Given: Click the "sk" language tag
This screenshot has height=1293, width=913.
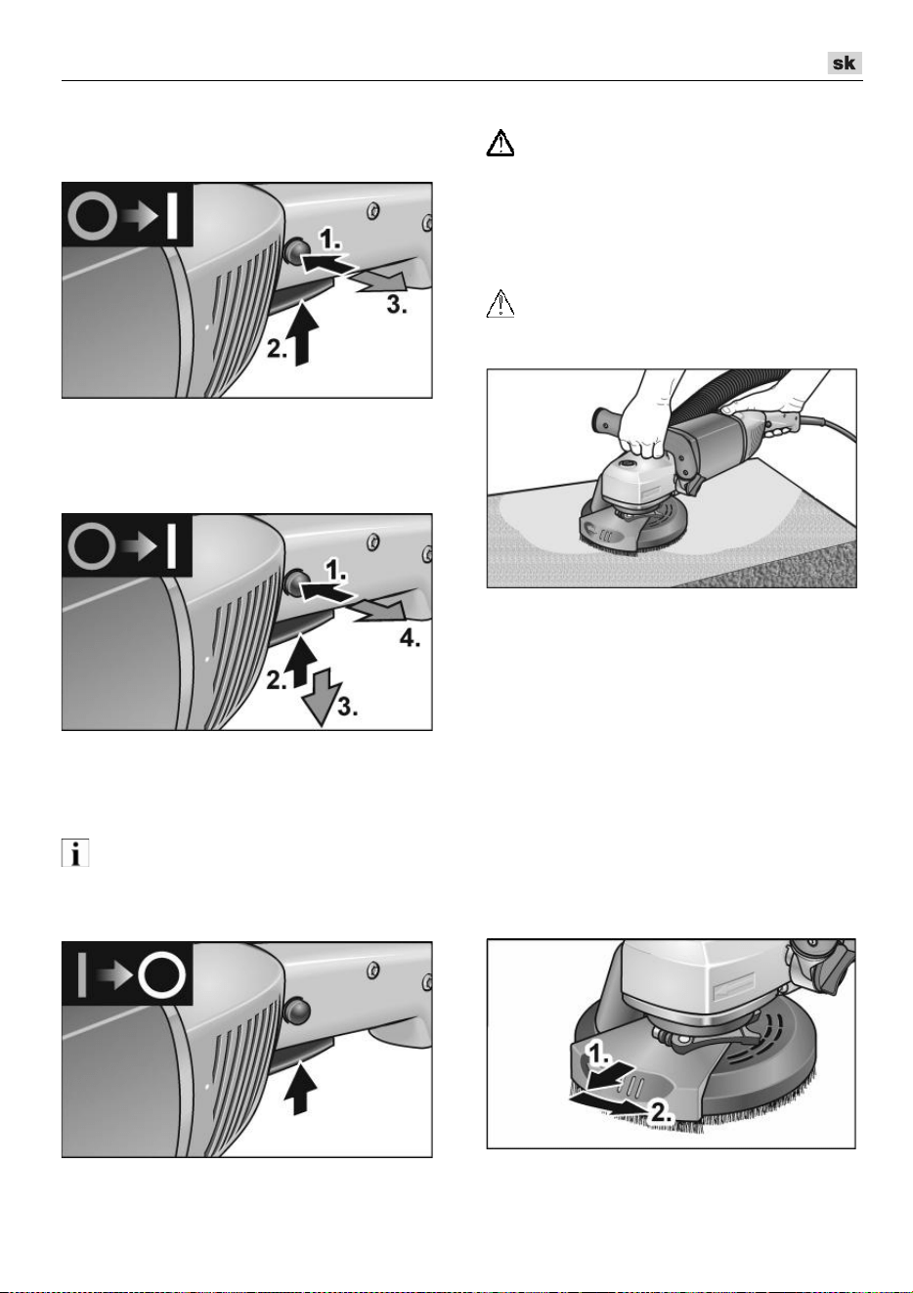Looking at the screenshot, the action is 845,63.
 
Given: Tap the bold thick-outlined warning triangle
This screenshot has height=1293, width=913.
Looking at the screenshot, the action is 500,143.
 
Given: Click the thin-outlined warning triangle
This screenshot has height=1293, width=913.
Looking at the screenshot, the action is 500,304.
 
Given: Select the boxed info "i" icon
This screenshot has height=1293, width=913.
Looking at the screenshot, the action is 75,852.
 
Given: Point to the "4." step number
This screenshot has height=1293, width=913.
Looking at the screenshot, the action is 410,638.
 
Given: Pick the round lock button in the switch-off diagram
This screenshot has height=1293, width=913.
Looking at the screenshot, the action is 297,1010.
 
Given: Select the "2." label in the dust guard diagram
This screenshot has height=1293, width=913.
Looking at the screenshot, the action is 662,1111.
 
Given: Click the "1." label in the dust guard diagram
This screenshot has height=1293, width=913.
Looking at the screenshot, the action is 598,1055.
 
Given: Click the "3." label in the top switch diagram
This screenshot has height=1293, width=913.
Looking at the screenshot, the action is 397,304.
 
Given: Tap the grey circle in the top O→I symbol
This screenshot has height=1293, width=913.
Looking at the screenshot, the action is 92,217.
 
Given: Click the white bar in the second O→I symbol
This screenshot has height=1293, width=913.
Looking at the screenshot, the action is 171,546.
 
